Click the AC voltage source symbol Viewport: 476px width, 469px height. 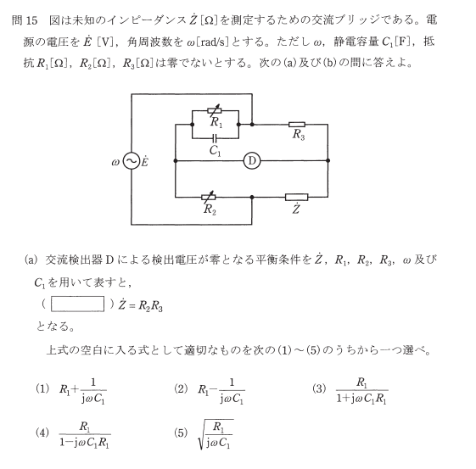click(x=132, y=161)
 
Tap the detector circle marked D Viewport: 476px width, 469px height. click(x=252, y=161)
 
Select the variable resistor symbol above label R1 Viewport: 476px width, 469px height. click(x=215, y=110)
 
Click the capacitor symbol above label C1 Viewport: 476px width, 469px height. click(x=215, y=138)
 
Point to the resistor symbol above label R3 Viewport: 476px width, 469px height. click(x=297, y=125)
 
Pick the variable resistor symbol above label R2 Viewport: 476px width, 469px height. click(x=209, y=198)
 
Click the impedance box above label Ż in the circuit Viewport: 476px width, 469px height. click(x=297, y=198)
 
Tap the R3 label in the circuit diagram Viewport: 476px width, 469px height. click(x=299, y=134)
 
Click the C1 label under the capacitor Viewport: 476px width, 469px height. click(x=216, y=150)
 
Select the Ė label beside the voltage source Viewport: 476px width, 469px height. click(x=145, y=161)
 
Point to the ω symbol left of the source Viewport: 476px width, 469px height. click(x=115, y=163)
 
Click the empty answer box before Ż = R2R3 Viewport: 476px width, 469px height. click(x=78, y=304)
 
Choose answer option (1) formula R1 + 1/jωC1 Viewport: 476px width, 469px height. click(x=82, y=391)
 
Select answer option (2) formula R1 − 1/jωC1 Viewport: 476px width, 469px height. click(x=221, y=391)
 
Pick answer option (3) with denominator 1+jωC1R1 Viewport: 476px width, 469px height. click(x=361, y=391)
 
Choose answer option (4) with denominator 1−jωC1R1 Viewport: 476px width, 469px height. click(x=85, y=435)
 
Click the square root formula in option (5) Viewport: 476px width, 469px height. click(x=216, y=434)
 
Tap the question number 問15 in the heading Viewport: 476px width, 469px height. click(x=25, y=20)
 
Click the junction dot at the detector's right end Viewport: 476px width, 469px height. click(x=328, y=161)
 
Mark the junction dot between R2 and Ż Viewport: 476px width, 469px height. click(x=252, y=198)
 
